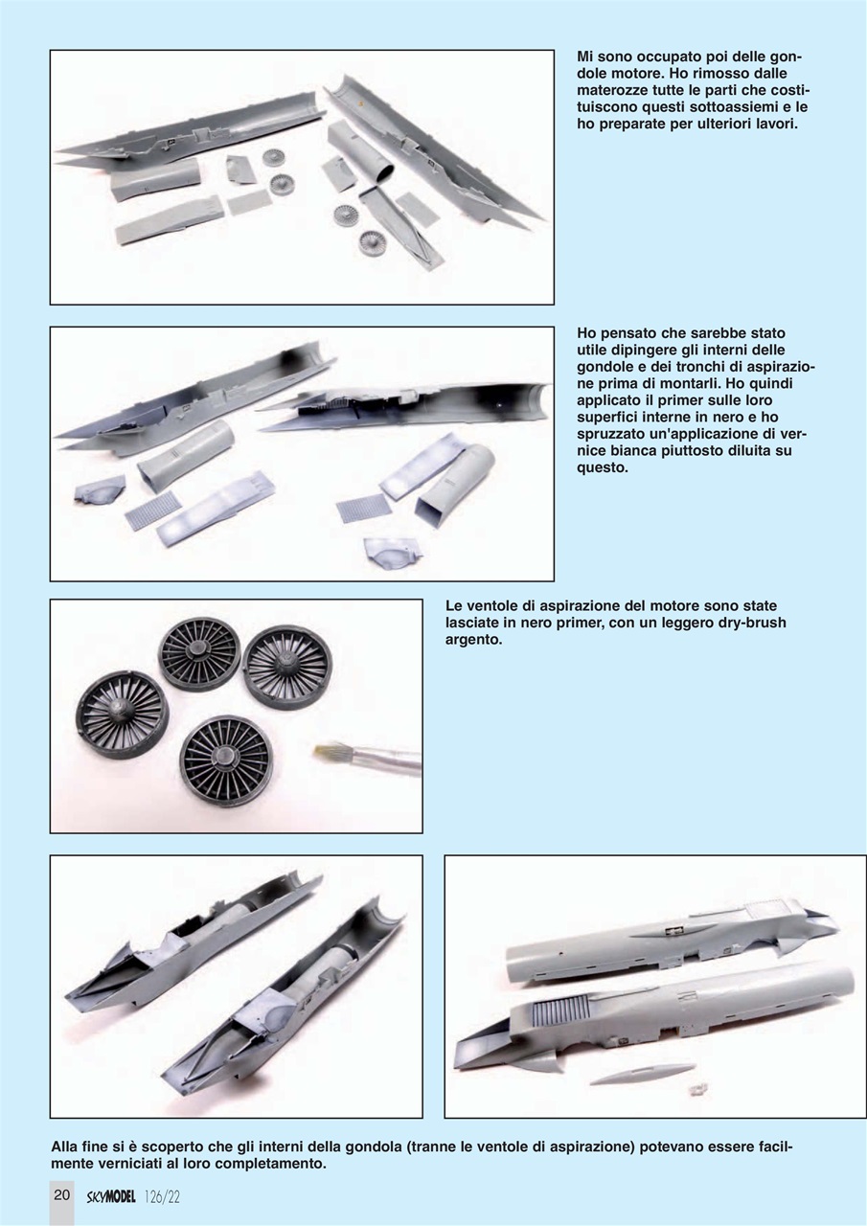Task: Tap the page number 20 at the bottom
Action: coord(61,1195)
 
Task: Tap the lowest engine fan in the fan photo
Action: coord(225,761)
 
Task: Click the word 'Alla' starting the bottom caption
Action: coord(67,1147)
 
